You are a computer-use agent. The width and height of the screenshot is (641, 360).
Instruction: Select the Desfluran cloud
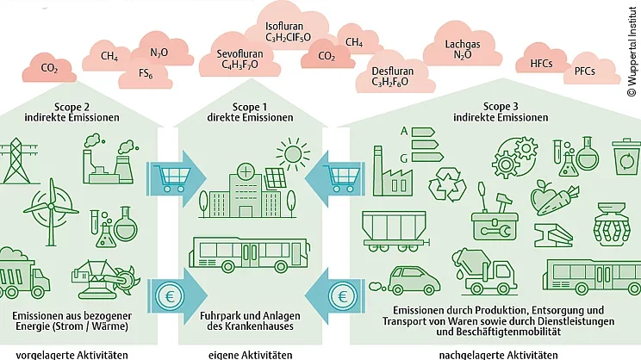(390, 77)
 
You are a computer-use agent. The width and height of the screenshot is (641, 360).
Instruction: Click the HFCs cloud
(541, 64)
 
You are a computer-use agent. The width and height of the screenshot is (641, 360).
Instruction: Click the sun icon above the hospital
(293, 156)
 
